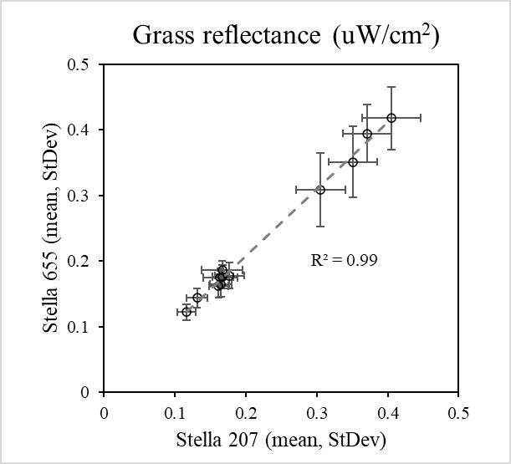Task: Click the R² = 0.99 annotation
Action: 344,261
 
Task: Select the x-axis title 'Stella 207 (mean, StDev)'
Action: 280,438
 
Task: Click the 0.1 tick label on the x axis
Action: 174,411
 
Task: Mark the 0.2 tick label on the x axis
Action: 245,411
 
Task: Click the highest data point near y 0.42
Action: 391,118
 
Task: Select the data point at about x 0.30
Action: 320,190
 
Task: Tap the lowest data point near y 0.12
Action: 187,312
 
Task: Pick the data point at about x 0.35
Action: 353,162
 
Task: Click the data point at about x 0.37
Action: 367,134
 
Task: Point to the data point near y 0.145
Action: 197,298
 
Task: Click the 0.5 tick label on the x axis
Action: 458,411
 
